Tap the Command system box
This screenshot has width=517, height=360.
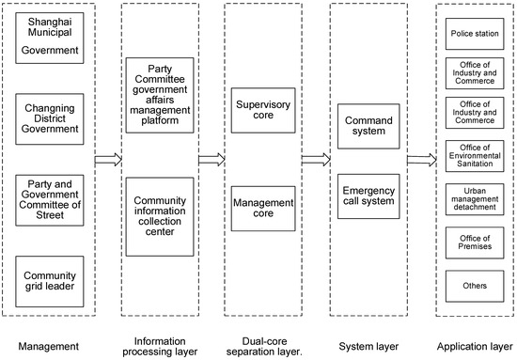(x=363, y=125)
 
